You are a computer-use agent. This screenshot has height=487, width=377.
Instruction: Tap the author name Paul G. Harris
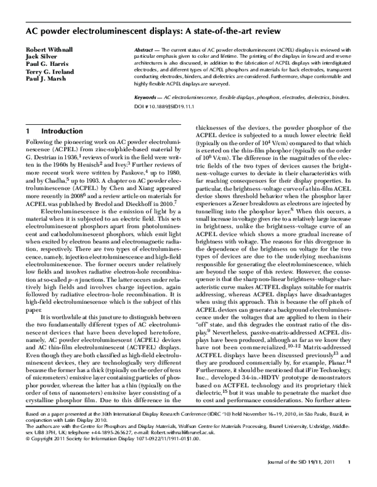tap(45, 65)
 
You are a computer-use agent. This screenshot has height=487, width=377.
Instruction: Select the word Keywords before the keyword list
tap(151, 99)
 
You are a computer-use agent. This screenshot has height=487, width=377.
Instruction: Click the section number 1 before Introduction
tap(28, 131)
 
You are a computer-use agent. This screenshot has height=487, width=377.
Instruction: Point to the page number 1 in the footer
tap(349, 480)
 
